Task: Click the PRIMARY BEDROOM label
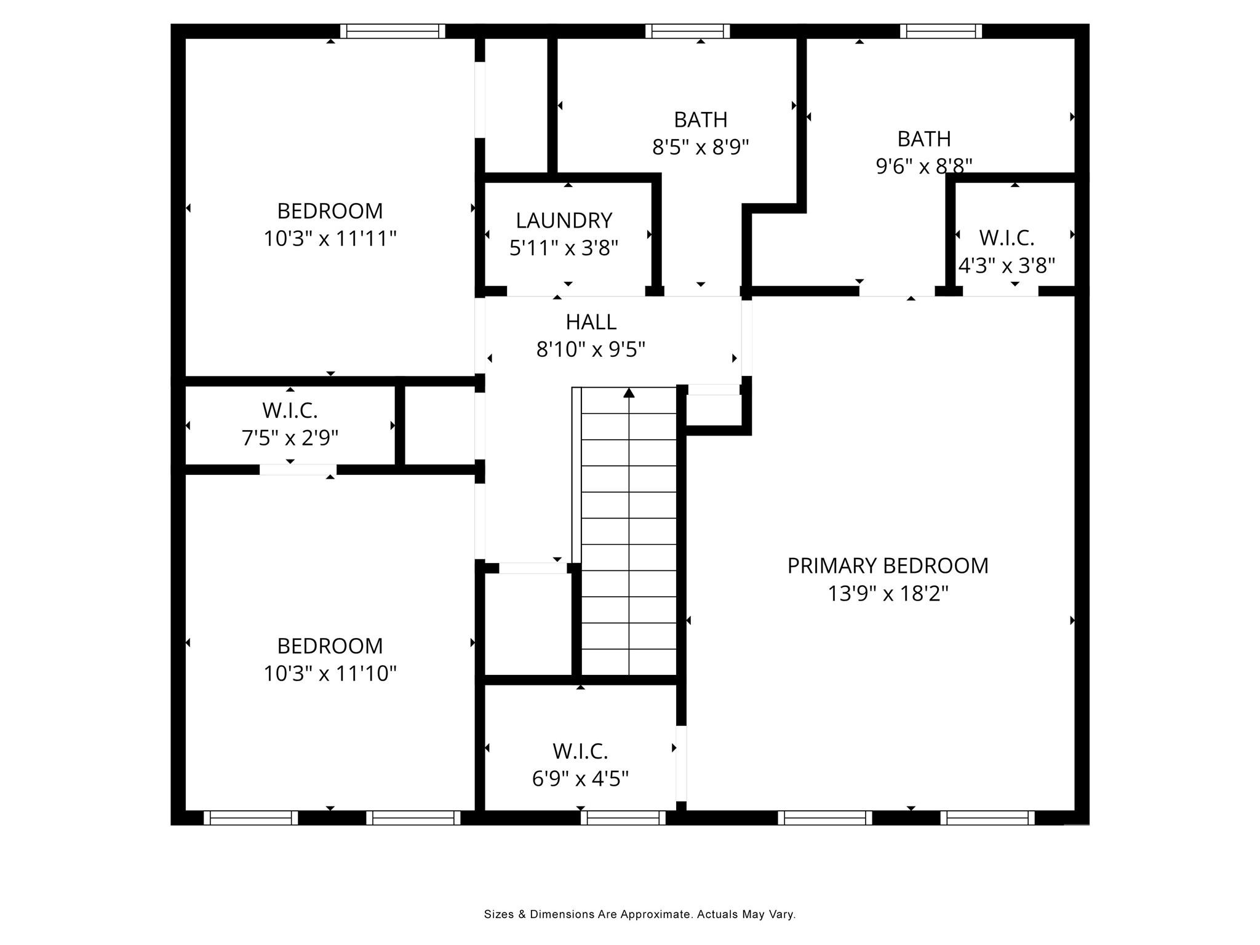[x=887, y=565]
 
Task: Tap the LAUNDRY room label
[x=564, y=220]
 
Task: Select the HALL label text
[x=591, y=322]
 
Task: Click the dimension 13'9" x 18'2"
[x=887, y=594]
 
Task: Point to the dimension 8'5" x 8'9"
[x=700, y=148]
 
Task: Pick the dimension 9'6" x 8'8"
[x=923, y=166]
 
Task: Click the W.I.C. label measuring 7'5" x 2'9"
[x=290, y=410]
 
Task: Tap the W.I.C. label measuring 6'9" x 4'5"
[x=580, y=751]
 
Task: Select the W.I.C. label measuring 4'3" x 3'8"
[x=1007, y=237]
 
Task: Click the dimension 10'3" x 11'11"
[x=330, y=239]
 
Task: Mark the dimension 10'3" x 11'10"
[x=330, y=674]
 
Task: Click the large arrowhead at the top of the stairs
[x=628, y=393]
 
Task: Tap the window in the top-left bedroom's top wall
[x=392, y=31]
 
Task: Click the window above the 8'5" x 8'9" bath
[x=687, y=31]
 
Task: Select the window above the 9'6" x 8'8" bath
[x=940, y=31]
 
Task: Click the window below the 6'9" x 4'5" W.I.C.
[x=623, y=818]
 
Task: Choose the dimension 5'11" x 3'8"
[x=564, y=248]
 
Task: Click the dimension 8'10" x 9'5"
[x=591, y=349]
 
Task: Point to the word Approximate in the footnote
[x=655, y=914]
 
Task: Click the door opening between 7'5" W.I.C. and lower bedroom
[x=298, y=469]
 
